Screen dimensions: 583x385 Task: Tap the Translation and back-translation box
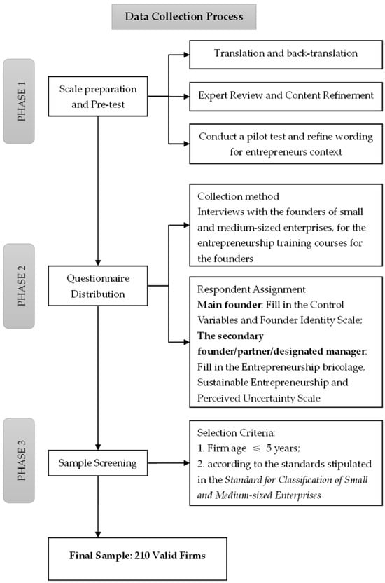[286, 54]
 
